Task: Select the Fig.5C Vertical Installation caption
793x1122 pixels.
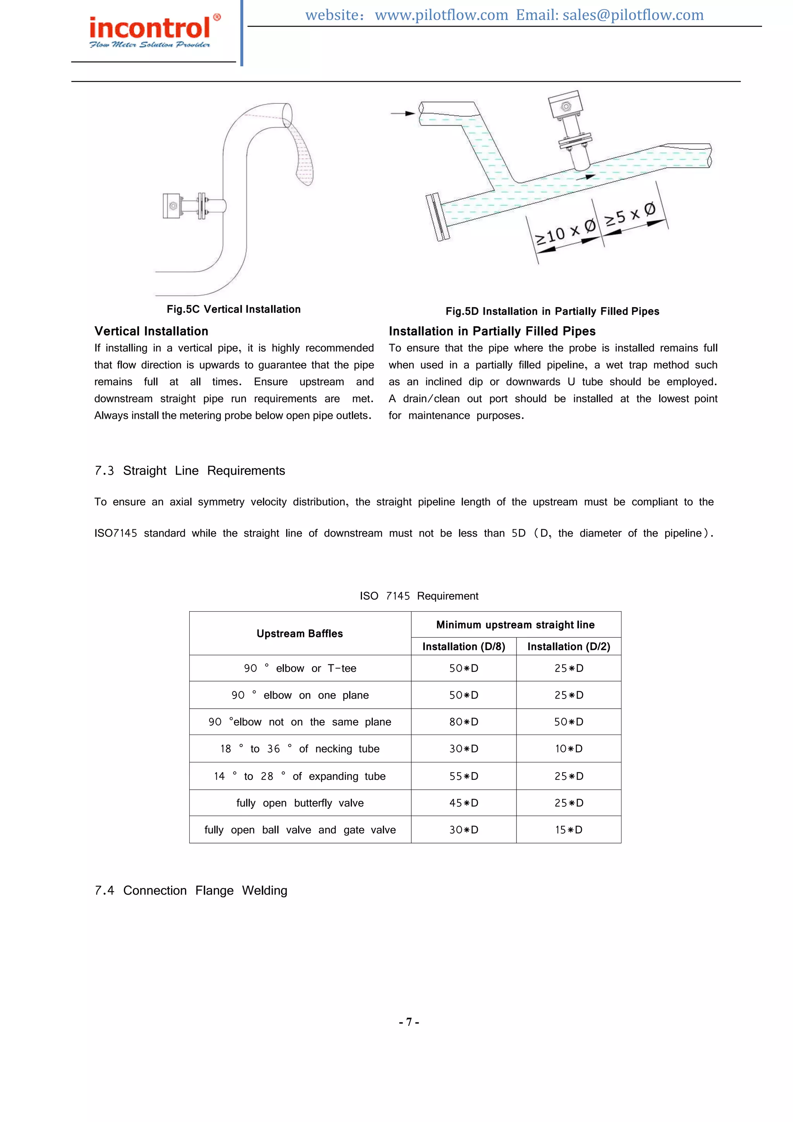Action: coord(233,309)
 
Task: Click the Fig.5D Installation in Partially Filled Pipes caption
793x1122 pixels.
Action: coord(552,311)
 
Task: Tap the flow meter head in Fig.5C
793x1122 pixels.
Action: coord(172,206)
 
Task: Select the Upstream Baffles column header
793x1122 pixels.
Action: coord(299,633)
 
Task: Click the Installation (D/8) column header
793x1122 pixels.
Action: coord(463,647)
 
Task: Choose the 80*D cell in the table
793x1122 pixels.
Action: coord(463,722)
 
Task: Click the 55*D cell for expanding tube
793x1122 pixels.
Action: coord(463,776)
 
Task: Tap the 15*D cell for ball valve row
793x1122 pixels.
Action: coord(568,830)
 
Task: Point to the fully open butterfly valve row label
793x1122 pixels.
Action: coord(300,803)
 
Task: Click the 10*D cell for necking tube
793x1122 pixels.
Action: coord(568,749)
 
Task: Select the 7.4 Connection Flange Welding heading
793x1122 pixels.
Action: coord(191,890)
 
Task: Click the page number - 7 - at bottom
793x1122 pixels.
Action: coord(409,1022)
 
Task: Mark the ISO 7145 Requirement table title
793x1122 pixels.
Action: coord(419,596)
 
